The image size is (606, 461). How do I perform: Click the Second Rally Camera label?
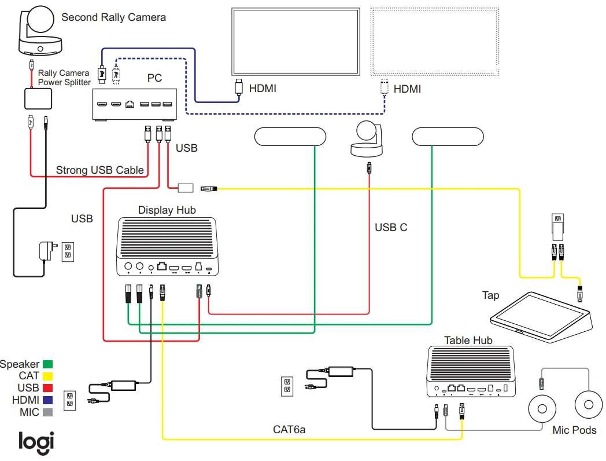pos(113,17)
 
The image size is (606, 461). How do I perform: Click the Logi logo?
pos(36,441)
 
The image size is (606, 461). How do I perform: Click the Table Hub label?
pos(468,340)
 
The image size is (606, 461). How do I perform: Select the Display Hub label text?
pos(167,210)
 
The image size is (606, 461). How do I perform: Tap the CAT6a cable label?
pos(289,430)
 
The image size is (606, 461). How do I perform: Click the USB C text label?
pos(391,228)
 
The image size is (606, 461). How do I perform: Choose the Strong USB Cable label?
pos(99,170)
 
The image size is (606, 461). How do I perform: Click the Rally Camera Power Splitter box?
pos(39,99)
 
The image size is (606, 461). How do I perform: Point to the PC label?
pos(154,77)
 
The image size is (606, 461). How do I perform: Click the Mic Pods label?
pos(574,430)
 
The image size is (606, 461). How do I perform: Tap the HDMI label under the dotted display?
pos(407,89)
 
